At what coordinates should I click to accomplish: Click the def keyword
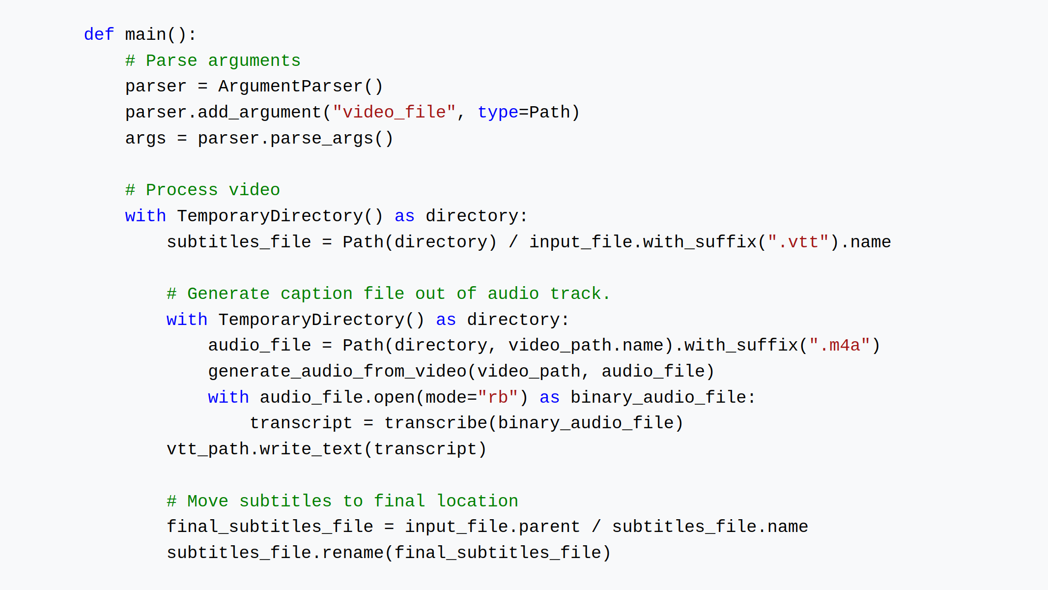tap(99, 34)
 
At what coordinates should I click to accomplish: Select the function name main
tap(146, 34)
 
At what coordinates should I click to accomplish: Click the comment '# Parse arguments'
tap(213, 60)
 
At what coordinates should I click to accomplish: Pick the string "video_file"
tap(395, 112)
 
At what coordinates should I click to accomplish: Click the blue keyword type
tap(498, 113)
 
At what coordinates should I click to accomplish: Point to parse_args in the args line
tap(322, 139)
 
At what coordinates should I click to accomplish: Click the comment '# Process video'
tap(202, 190)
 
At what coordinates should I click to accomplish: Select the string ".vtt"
tap(798, 241)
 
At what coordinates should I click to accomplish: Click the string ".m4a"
tap(840, 345)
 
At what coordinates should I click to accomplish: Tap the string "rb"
tap(498, 397)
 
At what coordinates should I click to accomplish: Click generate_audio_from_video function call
tap(338, 371)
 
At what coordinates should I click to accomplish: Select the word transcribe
tap(436, 423)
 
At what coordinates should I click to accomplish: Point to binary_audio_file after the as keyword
tap(658, 397)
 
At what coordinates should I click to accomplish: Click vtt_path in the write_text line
tap(208, 449)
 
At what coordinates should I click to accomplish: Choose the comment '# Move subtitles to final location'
tap(342, 501)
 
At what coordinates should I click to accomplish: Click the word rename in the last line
tap(353, 553)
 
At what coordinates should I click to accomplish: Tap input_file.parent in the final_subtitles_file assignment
tap(493, 527)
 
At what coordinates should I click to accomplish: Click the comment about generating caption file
tap(389, 294)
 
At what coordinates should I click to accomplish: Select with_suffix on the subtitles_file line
tap(700, 242)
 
